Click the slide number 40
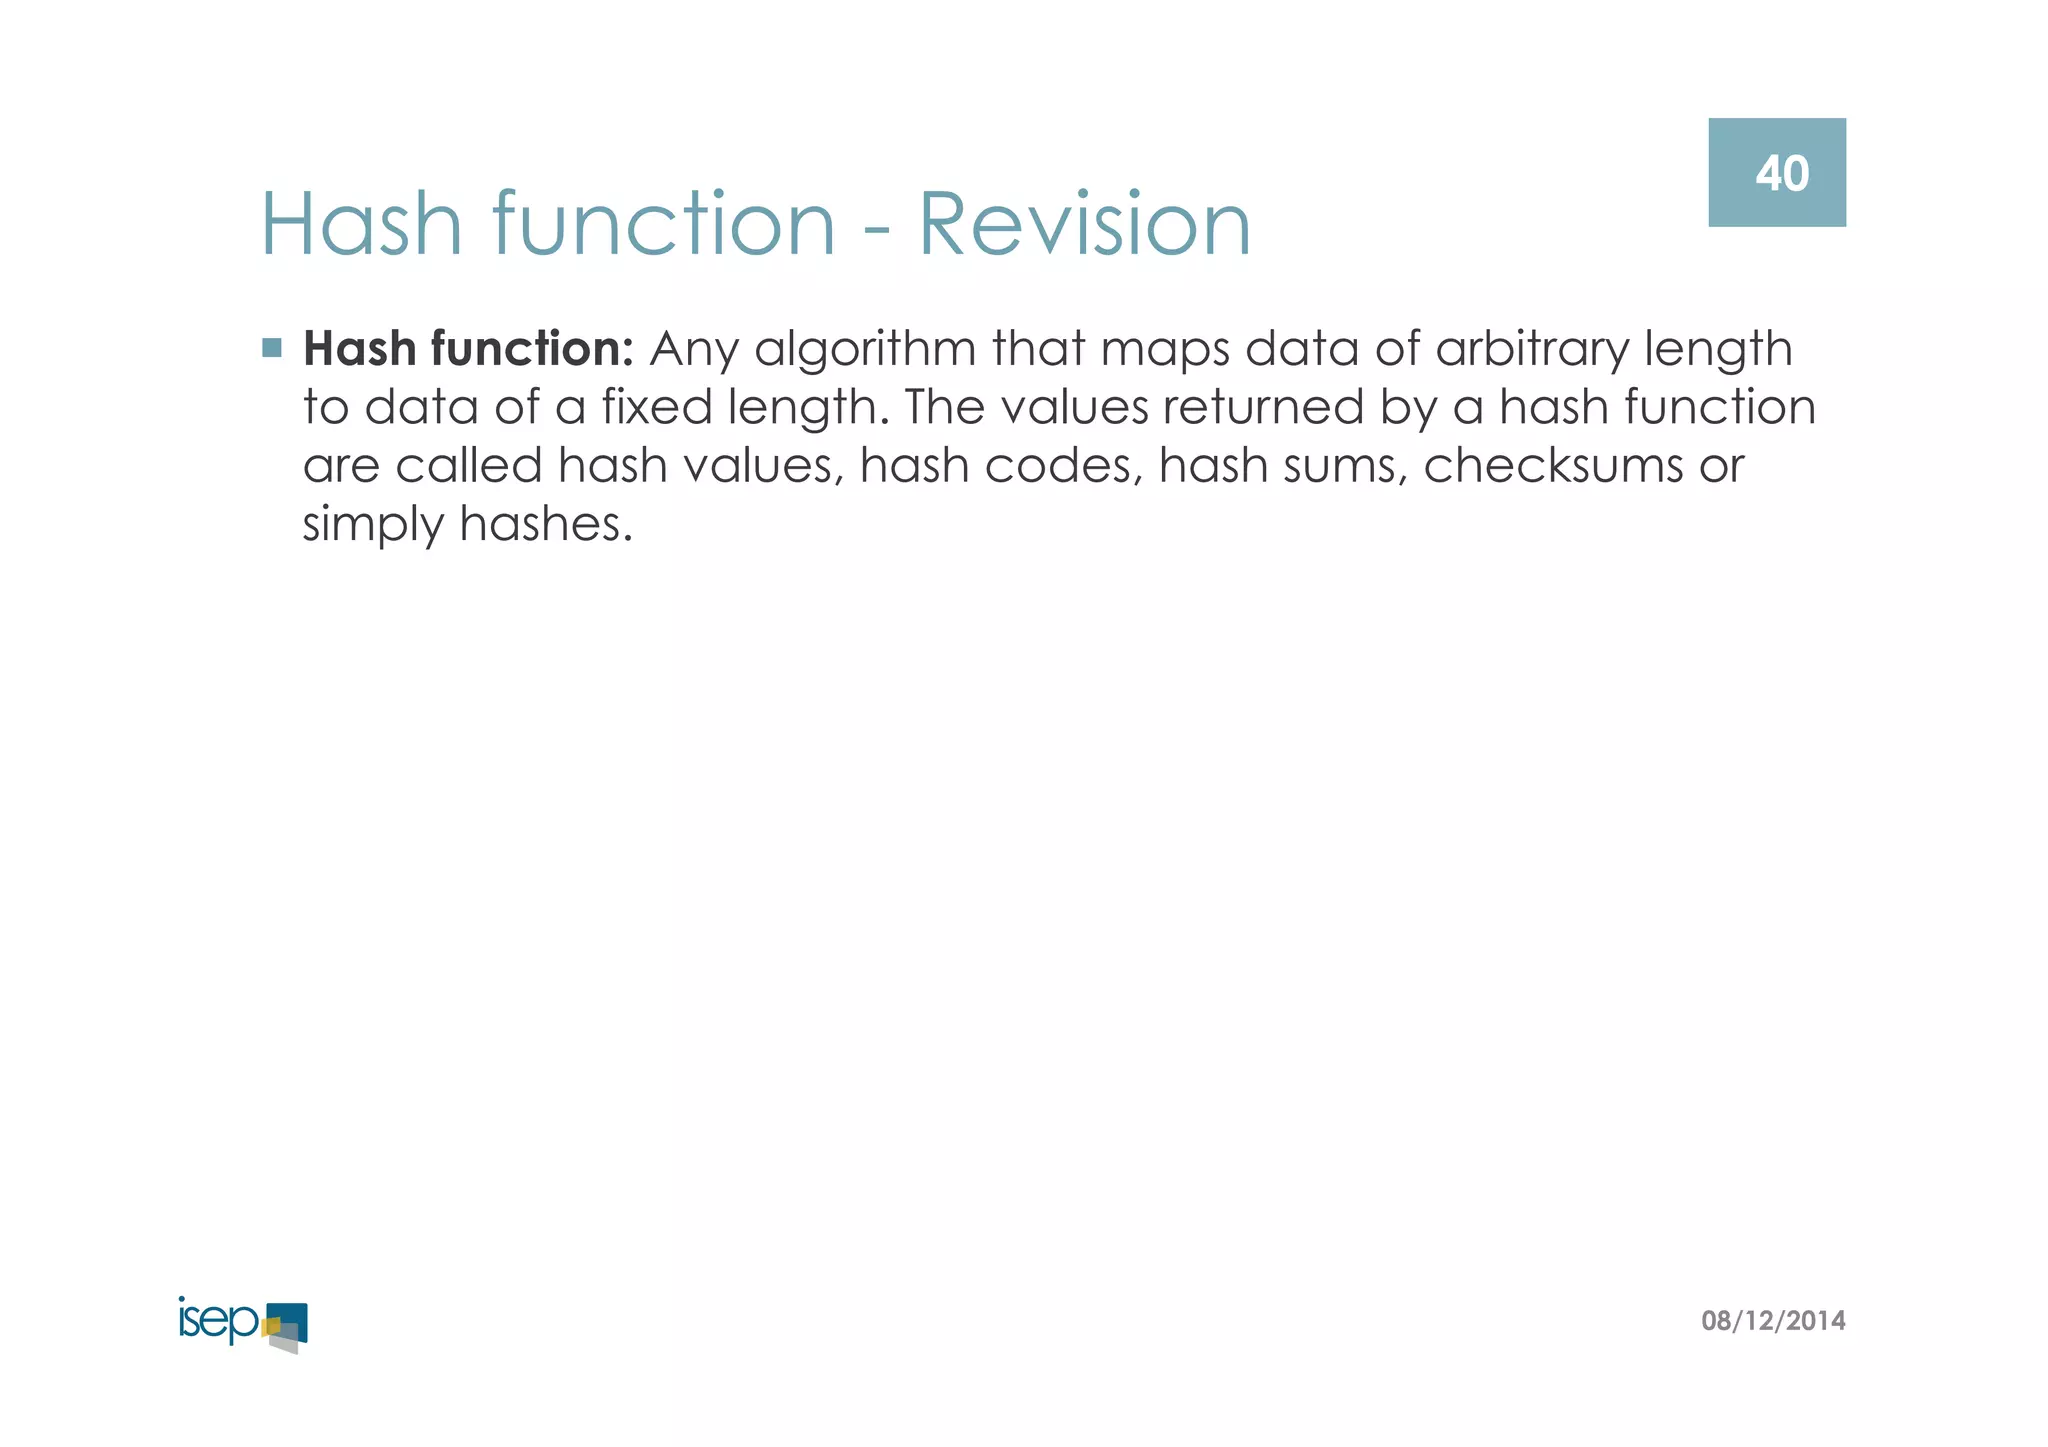[x=1781, y=174]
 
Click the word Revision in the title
[x=1084, y=224]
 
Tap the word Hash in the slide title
[x=361, y=224]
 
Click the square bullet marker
[x=271, y=348]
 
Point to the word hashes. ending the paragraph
[x=546, y=524]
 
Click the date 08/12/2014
[x=1773, y=1321]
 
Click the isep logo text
[x=219, y=1321]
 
